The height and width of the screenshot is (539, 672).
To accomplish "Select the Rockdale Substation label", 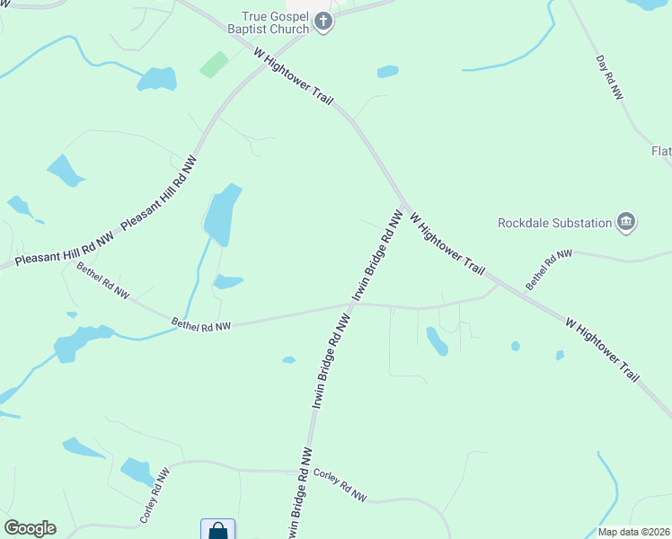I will click(554, 222).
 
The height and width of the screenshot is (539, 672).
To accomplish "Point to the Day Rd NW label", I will click(610, 77).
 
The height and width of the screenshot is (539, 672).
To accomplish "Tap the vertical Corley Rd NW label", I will click(154, 496).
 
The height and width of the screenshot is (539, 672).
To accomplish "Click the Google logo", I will click(30, 528).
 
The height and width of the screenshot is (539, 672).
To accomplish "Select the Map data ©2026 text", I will click(634, 532).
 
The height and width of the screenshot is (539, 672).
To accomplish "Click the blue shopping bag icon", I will click(217, 530).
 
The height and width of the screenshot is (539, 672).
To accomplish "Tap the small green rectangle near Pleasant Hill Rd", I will click(214, 64).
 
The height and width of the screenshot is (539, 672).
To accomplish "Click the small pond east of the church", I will click(388, 71).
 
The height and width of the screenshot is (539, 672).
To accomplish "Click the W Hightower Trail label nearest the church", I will click(294, 76).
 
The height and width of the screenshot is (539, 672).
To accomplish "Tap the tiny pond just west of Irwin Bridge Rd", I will click(288, 360).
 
